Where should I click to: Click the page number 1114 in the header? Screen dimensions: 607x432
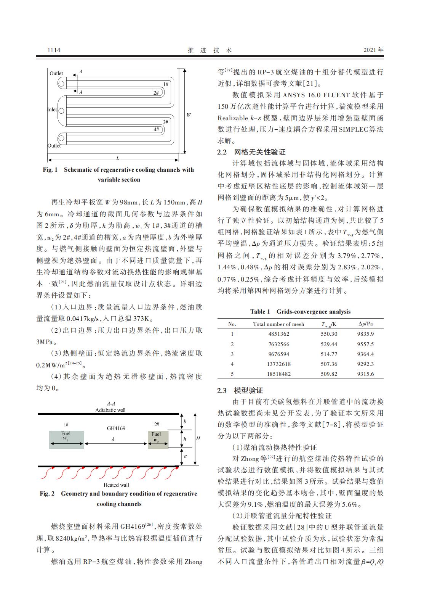54,50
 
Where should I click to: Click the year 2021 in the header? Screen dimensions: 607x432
374,50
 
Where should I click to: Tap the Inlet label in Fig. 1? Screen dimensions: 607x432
52,109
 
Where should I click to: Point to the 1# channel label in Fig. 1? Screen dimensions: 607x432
166,84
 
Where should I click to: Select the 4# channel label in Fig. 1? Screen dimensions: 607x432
157,129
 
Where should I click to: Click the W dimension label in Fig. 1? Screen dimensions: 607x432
189,115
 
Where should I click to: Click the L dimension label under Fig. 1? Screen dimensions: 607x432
118,158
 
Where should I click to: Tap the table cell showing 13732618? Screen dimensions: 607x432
279,364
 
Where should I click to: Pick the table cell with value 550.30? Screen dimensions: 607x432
329,334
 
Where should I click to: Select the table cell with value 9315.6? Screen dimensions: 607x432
365,374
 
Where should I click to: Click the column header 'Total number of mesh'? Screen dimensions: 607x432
278,324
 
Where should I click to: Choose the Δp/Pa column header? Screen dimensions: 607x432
365,324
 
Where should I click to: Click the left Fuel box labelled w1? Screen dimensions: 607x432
66,440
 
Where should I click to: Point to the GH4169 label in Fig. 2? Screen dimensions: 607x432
116,428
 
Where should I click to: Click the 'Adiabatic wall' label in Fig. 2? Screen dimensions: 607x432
110,410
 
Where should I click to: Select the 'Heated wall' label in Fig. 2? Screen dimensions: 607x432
116,485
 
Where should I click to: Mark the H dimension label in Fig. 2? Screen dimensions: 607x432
198,439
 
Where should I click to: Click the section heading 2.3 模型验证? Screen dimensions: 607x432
240,390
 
